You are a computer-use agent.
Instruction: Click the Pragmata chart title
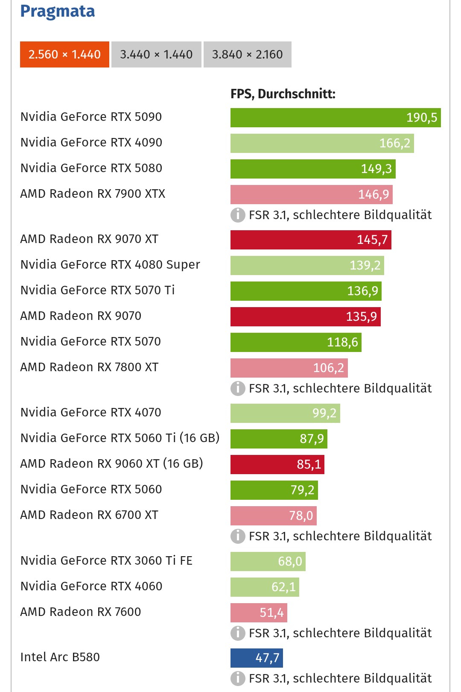(58, 11)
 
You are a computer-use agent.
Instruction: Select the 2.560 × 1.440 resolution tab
(64, 54)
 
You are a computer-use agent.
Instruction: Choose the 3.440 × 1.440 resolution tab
(156, 54)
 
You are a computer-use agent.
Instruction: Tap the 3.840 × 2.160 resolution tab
(248, 54)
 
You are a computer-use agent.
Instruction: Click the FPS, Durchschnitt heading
(283, 94)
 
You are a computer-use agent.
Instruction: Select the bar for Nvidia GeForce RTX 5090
(336, 117)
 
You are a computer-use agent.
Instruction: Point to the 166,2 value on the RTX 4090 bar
(394, 143)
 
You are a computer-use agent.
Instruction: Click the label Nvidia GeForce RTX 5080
(91, 168)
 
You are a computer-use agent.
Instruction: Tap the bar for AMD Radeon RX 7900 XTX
(311, 194)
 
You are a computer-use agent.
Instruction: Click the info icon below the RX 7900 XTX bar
(238, 215)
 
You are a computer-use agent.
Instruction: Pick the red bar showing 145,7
(311, 240)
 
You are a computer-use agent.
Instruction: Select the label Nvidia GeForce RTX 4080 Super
(110, 264)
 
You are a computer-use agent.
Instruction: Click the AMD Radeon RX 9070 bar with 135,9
(305, 317)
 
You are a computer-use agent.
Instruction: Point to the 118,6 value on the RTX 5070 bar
(342, 342)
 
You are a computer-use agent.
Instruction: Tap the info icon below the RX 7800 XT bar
(238, 388)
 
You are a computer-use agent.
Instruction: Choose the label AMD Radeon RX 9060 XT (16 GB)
(111, 463)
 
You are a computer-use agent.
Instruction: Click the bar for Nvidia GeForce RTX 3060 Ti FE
(268, 561)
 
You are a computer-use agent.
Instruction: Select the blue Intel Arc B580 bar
(257, 658)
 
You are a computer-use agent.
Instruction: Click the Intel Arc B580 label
(60, 657)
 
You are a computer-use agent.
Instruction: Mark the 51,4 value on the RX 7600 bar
(271, 613)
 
